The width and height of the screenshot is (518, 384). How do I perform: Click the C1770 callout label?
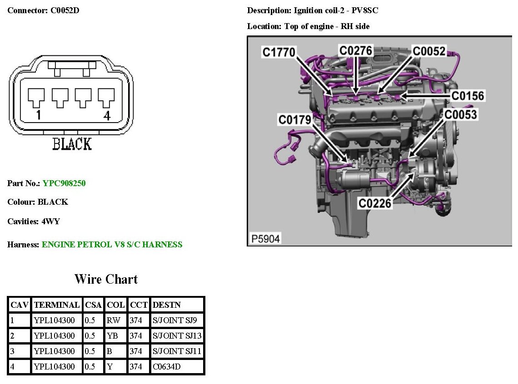click(x=279, y=52)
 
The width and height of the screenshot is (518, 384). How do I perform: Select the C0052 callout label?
click(x=429, y=51)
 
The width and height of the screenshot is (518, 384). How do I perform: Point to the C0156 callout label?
click(x=468, y=96)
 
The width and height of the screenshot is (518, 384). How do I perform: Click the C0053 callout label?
click(x=461, y=114)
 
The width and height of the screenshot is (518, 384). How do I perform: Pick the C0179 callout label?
click(x=295, y=120)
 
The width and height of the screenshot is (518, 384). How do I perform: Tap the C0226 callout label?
click(x=375, y=203)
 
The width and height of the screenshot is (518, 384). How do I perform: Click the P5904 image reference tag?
click(x=265, y=238)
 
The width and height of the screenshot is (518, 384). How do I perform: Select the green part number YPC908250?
click(x=64, y=183)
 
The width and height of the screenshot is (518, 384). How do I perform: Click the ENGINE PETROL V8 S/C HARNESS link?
click(x=112, y=245)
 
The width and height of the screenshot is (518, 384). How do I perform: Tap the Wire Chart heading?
click(x=106, y=279)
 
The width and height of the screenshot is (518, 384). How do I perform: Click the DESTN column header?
click(x=167, y=305)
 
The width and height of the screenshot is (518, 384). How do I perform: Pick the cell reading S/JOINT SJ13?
click(x=177, y=336)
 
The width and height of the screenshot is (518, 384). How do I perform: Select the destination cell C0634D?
click(x=167, y=367)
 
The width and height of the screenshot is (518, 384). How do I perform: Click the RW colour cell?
click(x=113, y=320)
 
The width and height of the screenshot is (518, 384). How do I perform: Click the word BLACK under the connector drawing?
click(x=72, y=144)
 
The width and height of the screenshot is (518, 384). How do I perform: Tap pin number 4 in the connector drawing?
click(x=107, y=116)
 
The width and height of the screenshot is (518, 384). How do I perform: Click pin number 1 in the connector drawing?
click(x=38, y=116)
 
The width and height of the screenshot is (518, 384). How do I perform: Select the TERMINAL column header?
click(x=57, y=305)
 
